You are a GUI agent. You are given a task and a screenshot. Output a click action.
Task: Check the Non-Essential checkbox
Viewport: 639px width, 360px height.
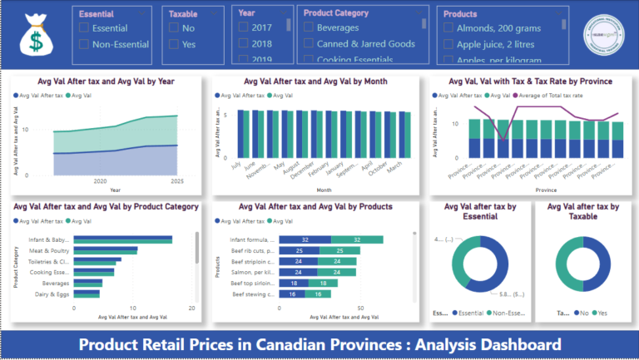[84, 44]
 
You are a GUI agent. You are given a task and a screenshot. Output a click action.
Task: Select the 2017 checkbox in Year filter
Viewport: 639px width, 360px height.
[244, 27]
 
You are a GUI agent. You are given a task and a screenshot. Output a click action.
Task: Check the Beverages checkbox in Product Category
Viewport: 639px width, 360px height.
[309, 27]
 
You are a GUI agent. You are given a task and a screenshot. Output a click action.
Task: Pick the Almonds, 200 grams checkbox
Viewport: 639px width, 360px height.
[449, 27]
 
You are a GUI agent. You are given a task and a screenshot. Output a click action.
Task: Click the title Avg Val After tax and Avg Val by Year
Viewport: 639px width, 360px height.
[106, 81]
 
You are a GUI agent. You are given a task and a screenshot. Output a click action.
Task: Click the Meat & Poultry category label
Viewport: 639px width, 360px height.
[49, 250]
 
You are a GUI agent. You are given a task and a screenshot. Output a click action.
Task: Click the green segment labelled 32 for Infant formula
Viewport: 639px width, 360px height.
[356, 239]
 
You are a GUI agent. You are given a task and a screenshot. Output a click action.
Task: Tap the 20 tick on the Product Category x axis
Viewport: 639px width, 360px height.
[191, 308]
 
